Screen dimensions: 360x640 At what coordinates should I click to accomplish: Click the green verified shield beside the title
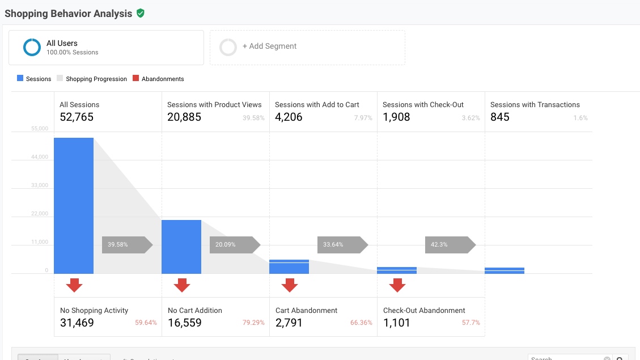pos(141,13)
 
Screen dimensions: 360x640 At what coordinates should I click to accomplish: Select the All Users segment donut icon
pos(32,47)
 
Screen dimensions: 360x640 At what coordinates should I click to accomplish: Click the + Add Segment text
pos(269,46)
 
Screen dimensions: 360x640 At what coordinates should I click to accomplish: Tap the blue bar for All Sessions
pos(74,205)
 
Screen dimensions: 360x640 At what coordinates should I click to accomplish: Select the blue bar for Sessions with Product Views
pos(181,247)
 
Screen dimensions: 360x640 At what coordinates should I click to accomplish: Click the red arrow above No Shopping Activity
pos(74,285)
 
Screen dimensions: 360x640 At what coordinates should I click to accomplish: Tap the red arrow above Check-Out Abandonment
pos(397,285)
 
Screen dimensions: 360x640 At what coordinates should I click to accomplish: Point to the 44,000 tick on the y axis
pos(40,157)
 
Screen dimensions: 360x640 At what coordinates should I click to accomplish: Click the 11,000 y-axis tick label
pos(40,242)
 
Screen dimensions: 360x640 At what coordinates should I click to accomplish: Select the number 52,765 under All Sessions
pos(77,117)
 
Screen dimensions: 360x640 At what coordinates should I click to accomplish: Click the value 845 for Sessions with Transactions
pos(500,117)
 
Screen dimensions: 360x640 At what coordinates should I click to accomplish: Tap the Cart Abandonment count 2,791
pos(289,323)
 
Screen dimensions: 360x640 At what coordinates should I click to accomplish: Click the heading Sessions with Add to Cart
pos(317,104)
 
